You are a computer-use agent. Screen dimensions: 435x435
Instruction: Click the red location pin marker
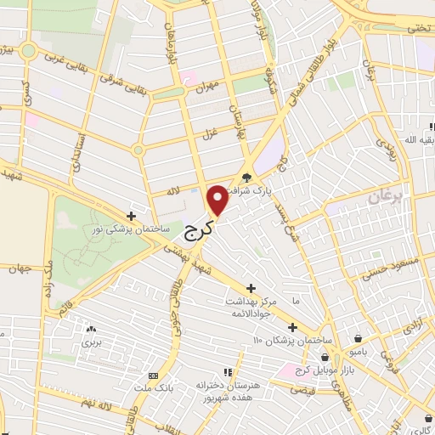[218, 199]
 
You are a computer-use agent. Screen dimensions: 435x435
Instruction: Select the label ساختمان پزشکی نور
[131, 229]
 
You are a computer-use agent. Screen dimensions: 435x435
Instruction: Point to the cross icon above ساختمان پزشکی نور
[131, 216]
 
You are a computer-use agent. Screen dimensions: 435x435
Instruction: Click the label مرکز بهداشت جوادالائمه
[251, 308]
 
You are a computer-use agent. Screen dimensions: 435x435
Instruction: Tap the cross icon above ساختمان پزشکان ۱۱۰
[292, 327]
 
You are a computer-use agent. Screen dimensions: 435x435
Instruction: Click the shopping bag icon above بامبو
[359, 337]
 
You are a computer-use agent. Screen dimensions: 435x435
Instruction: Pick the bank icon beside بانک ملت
[153, 376]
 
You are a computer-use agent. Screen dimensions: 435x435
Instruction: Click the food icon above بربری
[90, 328]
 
